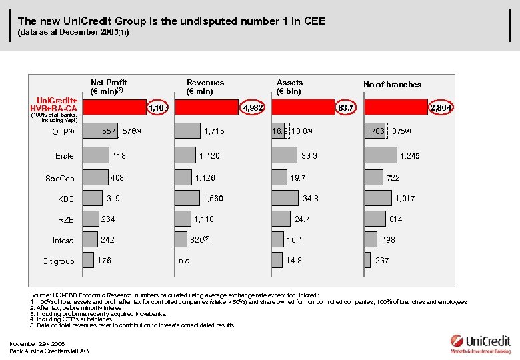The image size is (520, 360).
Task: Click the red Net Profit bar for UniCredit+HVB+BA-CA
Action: (115, 108)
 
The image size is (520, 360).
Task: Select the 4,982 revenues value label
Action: (253, 108)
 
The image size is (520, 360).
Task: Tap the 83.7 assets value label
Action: (346, 108)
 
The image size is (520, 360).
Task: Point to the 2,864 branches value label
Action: (441, 108)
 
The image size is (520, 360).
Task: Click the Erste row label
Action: (64, 156)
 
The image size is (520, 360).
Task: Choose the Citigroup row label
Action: (59, 261)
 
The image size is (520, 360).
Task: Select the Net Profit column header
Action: (109, 87)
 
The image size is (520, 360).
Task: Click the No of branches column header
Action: (392, 85)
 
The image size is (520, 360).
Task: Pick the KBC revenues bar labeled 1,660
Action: (187, 198)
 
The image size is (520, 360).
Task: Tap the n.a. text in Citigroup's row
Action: (185, 261)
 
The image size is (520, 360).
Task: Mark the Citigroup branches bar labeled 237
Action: (367, 260)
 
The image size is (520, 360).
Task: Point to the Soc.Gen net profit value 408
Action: (117, 178)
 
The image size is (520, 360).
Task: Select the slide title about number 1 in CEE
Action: (171, 21)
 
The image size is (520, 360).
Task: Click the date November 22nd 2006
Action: (37, 343)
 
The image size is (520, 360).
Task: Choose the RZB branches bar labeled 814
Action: (375, 219)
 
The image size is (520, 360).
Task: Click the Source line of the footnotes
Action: (175, 295)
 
